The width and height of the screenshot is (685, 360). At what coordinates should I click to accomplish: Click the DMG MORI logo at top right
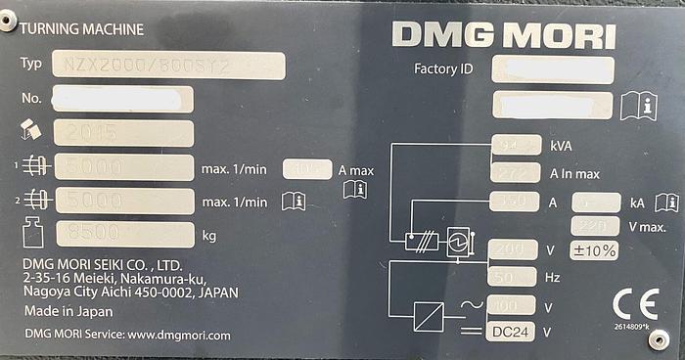[x=504, y=35]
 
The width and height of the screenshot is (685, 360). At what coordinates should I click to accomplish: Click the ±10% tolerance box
[x=594, y=250]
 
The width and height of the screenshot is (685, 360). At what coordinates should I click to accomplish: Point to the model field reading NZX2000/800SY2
[x=169, y=65]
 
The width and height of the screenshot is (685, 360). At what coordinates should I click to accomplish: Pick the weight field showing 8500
[x=123, y=235]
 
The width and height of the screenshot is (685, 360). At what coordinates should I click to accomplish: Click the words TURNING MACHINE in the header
[x=80, y=29]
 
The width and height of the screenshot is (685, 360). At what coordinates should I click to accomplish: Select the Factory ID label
[x=444, y=69]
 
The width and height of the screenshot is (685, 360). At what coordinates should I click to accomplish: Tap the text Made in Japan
[x=67, y=311]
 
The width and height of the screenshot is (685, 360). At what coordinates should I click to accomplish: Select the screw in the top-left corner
[x=9, y=22]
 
